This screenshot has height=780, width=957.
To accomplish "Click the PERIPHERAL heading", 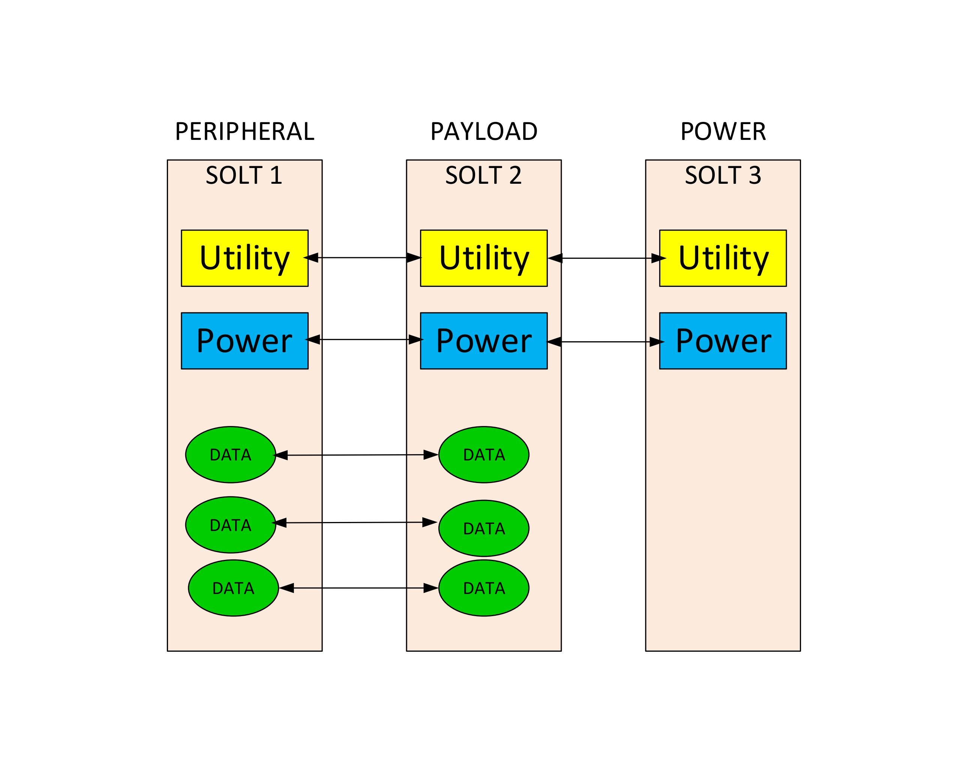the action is coord(244,131).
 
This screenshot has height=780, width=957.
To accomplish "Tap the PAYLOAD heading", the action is coord(484,131).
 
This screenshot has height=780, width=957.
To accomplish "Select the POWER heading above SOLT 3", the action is coord(723,131).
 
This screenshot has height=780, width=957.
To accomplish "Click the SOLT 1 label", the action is coord(244,175).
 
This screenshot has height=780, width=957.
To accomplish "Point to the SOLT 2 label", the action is coord(483,175).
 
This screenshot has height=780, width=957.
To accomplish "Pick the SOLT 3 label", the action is coord(723,175).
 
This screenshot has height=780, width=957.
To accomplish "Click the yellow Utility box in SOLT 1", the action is coord(245,258).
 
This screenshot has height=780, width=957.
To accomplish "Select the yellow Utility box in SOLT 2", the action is coord(484,258).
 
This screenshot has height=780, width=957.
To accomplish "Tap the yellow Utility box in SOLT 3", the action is coord(723,258).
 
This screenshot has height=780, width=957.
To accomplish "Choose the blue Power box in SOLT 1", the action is coord(245,341).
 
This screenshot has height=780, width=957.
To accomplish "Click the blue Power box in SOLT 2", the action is coord(484,341).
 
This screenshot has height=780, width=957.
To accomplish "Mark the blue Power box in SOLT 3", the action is coord(723,341).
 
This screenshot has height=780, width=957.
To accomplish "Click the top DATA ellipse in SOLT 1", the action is coord(231,455).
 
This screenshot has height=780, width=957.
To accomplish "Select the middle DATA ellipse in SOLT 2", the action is coord(484,528).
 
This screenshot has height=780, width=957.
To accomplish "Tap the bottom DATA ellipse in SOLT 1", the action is coord(233,588).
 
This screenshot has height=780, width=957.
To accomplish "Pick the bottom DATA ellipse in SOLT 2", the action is coord(484,588).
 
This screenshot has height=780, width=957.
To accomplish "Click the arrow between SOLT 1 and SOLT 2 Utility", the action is coord(363,258).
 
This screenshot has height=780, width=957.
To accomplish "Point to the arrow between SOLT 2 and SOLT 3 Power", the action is coord(606,342).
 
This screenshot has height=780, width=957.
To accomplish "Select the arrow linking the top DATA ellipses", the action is coord(356,455).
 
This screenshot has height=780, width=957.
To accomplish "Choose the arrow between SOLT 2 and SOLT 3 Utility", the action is coord(607,258).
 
